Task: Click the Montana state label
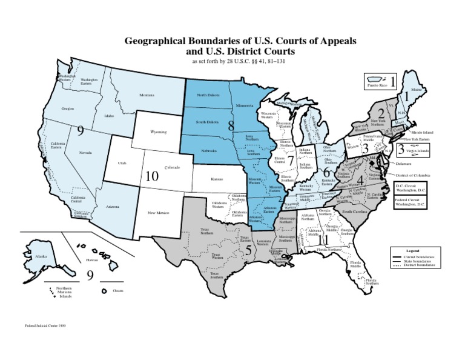(147, 95)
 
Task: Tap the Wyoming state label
(159, 132)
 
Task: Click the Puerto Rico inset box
(383, 82)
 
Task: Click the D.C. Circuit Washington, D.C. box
(410, 187)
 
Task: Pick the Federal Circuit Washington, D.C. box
(410, 203)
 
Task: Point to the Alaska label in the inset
(41, 256)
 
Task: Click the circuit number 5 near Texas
(248, 248)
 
